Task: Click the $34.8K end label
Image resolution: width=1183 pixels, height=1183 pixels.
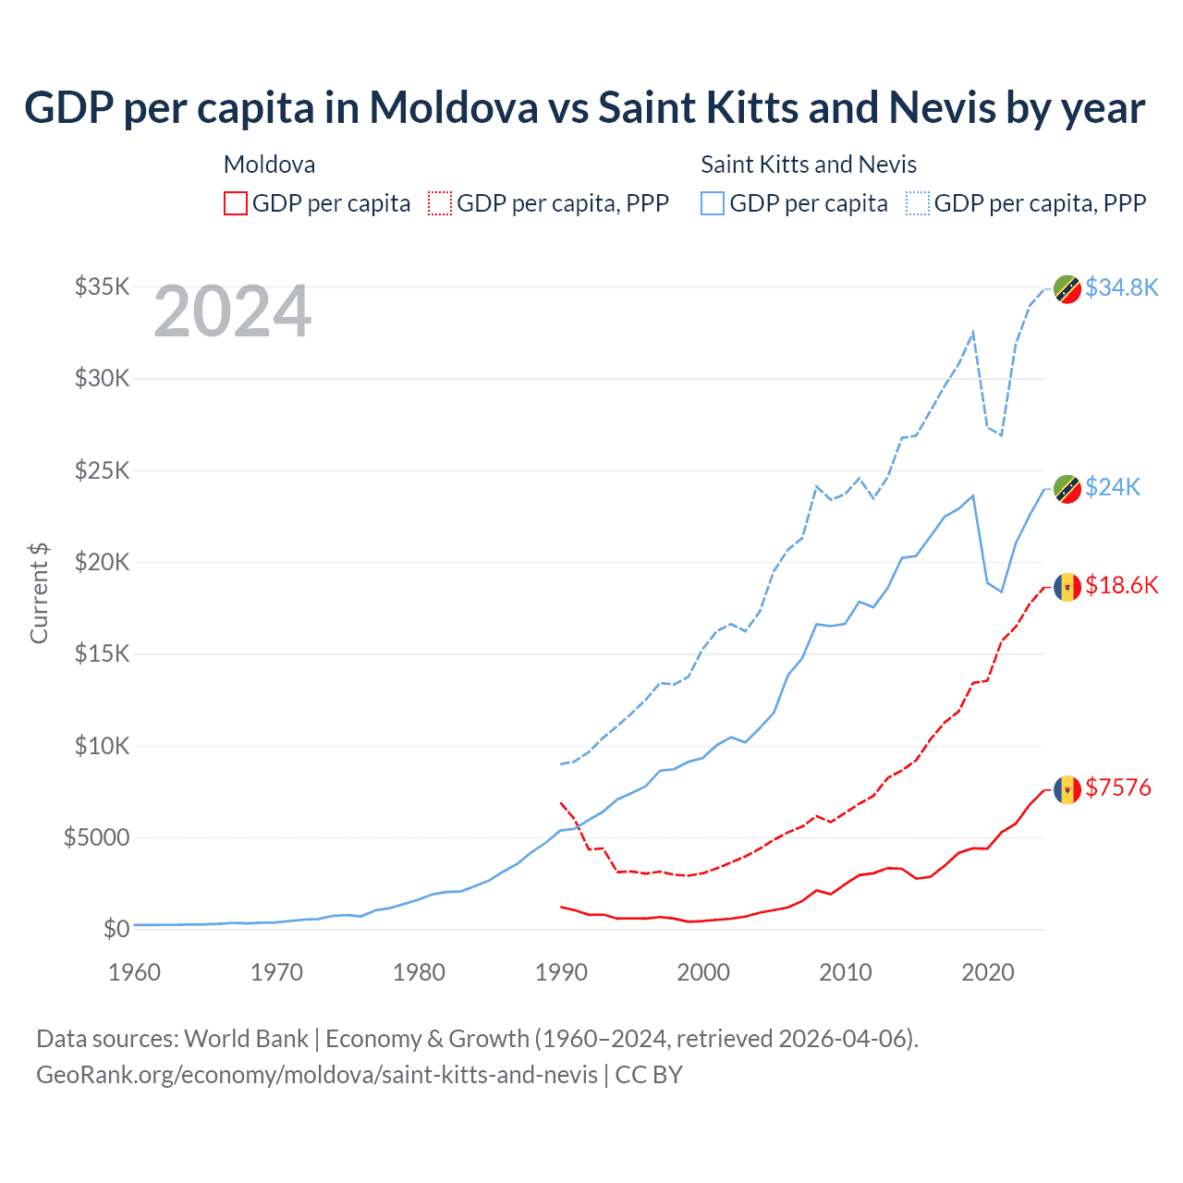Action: [1121, 287]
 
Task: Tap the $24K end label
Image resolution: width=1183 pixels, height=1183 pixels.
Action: [1113, 487]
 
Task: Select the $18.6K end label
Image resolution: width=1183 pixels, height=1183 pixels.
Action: [1121, 585]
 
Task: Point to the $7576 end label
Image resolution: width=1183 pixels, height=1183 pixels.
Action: [1118, 787]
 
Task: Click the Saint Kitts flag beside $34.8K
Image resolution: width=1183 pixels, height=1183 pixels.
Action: [1067, 289]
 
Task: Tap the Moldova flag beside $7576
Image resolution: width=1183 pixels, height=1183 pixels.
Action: [1067, 789]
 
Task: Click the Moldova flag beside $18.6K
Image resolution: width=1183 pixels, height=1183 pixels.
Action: [1067, 587]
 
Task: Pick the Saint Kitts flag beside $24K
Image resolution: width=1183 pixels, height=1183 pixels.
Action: [1067, 489]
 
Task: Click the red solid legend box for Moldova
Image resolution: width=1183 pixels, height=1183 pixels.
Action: [236, 203]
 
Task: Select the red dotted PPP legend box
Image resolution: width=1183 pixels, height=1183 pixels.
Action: [440, 203]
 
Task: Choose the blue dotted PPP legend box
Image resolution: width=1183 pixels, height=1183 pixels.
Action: [918, 203]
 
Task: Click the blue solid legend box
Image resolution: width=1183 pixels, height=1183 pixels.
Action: [713, 203]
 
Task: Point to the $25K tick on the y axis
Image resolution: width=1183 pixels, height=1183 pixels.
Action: [103, 470]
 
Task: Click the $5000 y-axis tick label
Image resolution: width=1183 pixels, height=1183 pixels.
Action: [97, 837]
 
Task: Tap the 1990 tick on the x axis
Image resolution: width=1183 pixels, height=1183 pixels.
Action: [561, 972]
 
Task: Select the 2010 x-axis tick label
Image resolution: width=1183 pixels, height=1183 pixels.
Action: [846, 972]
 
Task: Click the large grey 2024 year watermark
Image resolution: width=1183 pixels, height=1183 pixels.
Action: [232, 311]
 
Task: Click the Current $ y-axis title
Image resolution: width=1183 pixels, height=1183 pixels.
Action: [39, 592]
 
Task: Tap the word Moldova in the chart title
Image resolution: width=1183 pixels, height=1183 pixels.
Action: [454, 107]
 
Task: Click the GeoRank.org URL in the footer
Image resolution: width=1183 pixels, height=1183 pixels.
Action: [317, 1075]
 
